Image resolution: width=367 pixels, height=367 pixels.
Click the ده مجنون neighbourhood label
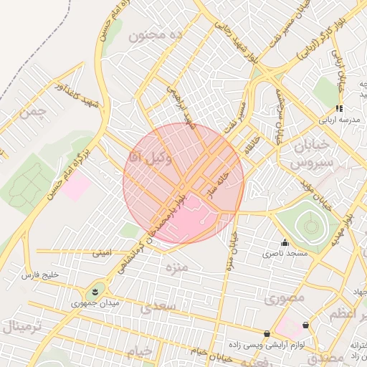(156, 34)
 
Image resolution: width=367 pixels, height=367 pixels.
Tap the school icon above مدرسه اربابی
(339, 108)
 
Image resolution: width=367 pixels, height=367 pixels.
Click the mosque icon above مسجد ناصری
(285, 243)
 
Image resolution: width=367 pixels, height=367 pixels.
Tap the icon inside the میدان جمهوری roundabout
(93, 292)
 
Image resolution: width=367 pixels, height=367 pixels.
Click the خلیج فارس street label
(39, 275)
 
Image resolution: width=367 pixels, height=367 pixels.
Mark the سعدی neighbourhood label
(158, 308)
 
